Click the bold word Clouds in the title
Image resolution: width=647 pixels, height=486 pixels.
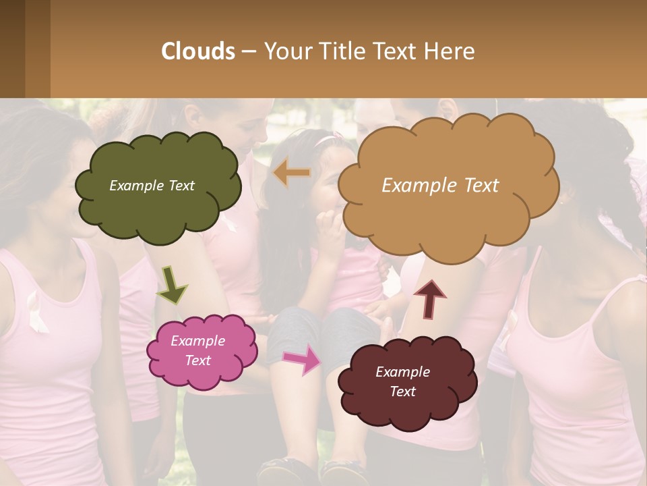pyautogui.click(x=198, y=51)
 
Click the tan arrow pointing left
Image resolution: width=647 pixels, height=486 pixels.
pyautogui.click(x=292, y=173)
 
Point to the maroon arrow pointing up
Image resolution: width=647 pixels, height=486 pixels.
pyautogui.click(x=429, y=299)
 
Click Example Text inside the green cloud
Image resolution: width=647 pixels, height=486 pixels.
pyautogui.click(x=152, y=186)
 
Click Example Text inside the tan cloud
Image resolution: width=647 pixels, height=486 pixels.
pyautogui.click(x=440, y=186)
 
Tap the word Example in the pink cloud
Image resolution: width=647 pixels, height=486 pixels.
pyautogui.click(x=197, y=341)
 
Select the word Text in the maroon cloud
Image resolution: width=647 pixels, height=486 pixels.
pyautogui.click(x=402, y=391)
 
